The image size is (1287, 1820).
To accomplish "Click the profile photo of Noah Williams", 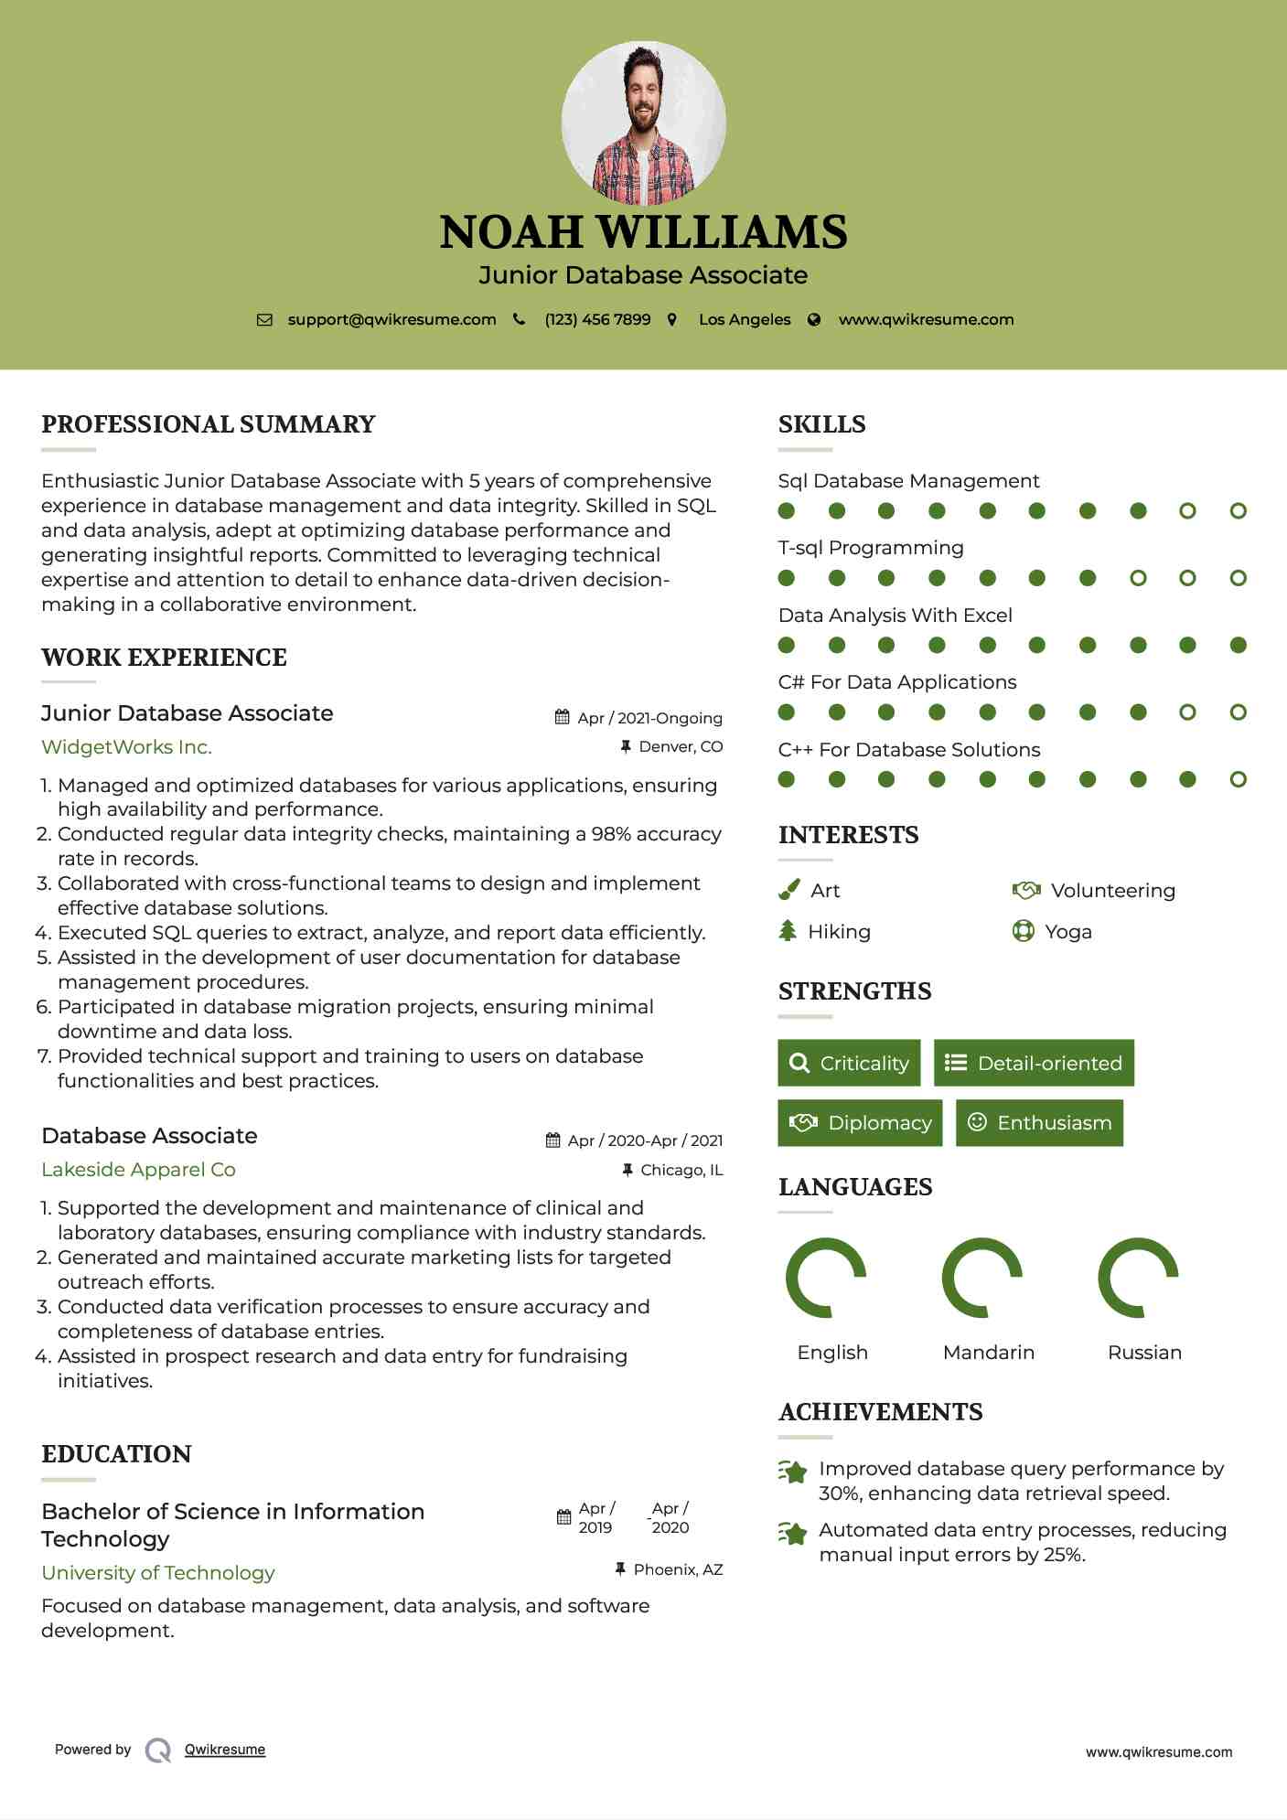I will (x=643, y=123).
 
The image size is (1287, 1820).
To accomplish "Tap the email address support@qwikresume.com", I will (x=391, y=320).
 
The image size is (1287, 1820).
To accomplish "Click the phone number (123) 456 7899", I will (x=597, y=320).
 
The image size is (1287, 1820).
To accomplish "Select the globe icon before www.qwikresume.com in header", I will (x=814, y=320).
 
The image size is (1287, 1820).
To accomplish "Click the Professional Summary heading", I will (x=209, y=424).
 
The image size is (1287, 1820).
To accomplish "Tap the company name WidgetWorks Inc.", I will (x=126, y=747).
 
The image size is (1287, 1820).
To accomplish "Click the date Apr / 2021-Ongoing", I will (x=649, y=718).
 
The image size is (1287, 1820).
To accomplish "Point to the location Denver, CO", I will (x=681, y=747).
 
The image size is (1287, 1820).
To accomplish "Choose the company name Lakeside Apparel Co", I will (x=138, y=1170).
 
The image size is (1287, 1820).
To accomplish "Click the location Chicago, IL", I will (x=681, y=1170).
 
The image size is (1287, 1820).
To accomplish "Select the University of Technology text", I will (x=158, y=1573).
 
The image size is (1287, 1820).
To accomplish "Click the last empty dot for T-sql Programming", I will (x=1238, y=578).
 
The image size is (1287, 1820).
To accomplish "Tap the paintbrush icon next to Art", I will (x=788, y=890).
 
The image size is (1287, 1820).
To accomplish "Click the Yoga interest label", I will (x=1068, y=932).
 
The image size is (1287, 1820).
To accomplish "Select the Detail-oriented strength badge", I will (x=1034, y=1063).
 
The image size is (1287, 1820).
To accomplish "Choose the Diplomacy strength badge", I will (x=860, y=1123).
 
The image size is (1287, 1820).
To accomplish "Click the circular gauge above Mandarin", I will (x=982, y=1278).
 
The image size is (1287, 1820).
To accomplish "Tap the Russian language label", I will (x=1144, y=1353).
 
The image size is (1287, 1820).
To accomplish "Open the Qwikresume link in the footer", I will (x=225, y=1750).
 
